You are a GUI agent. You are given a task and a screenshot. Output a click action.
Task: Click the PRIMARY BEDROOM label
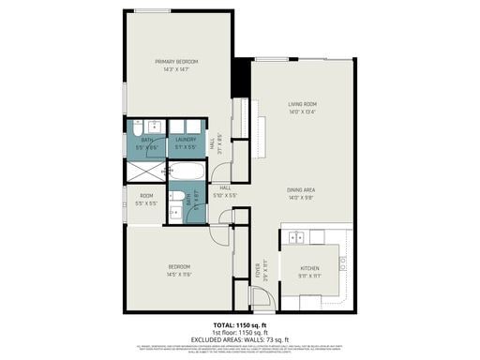coord(176,61)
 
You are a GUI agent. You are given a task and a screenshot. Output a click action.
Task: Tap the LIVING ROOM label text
coord(302,104)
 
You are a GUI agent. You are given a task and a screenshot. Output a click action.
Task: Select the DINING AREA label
coord(302,190)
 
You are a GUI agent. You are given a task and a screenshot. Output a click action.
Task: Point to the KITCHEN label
coord(309,268)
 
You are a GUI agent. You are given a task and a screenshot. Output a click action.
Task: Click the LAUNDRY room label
coord(185,140)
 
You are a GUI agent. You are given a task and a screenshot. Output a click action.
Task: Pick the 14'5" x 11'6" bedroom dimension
coord(178,274)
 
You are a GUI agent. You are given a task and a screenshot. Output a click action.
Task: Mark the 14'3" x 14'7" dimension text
coord(176,68)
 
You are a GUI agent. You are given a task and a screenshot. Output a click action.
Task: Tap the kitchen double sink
coord(298,236)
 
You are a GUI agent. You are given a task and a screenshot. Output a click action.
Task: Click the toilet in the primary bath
coord(153,127)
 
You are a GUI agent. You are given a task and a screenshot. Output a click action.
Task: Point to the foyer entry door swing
coord(261,301)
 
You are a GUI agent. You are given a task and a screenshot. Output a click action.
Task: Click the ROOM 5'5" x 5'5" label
coord(145,199)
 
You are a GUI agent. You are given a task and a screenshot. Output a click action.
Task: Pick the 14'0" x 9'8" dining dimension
coord(302,198)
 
